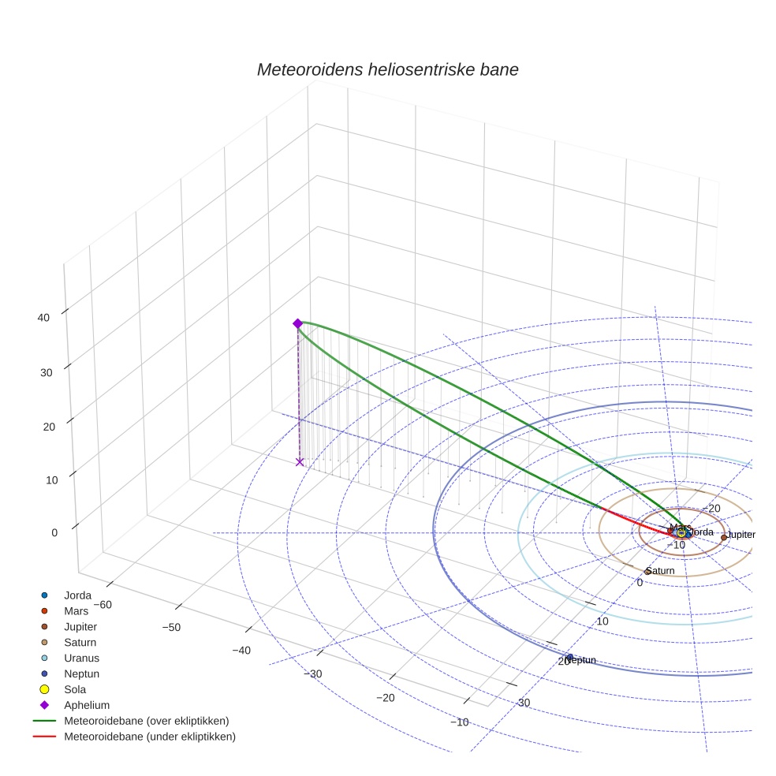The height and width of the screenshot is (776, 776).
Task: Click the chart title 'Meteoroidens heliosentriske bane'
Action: [x=387, y=69]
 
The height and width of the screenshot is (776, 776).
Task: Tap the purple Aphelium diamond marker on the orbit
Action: [x=297, y=323]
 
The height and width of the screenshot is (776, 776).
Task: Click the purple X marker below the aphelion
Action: [x=299, y=462]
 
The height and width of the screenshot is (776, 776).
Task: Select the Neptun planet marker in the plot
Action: [x=569, y=657]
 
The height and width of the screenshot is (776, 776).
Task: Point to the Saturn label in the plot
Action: [x=661, y=570]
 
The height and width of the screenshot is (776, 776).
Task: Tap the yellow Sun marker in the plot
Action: [x=681, y=533]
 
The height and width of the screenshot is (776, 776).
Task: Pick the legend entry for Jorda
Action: [x=77, y=595]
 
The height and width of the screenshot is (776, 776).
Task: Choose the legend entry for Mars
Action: [x=76, y=611]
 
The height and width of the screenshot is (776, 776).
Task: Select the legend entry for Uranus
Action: [x=81, y=658]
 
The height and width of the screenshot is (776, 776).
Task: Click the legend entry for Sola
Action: [x=76, y=689]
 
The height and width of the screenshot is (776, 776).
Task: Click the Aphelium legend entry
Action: [x=86, y=705]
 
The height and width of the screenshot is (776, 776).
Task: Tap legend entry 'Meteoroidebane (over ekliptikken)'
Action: [x=146, y=721]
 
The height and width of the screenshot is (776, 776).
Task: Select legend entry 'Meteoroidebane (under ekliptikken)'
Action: [x=149, y=737]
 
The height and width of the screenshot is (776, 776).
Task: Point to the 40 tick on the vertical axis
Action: [x=43, y=318]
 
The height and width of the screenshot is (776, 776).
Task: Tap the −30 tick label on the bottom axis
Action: [x=315, y=673]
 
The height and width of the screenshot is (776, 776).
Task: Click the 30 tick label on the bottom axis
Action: [x=523, y=703]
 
